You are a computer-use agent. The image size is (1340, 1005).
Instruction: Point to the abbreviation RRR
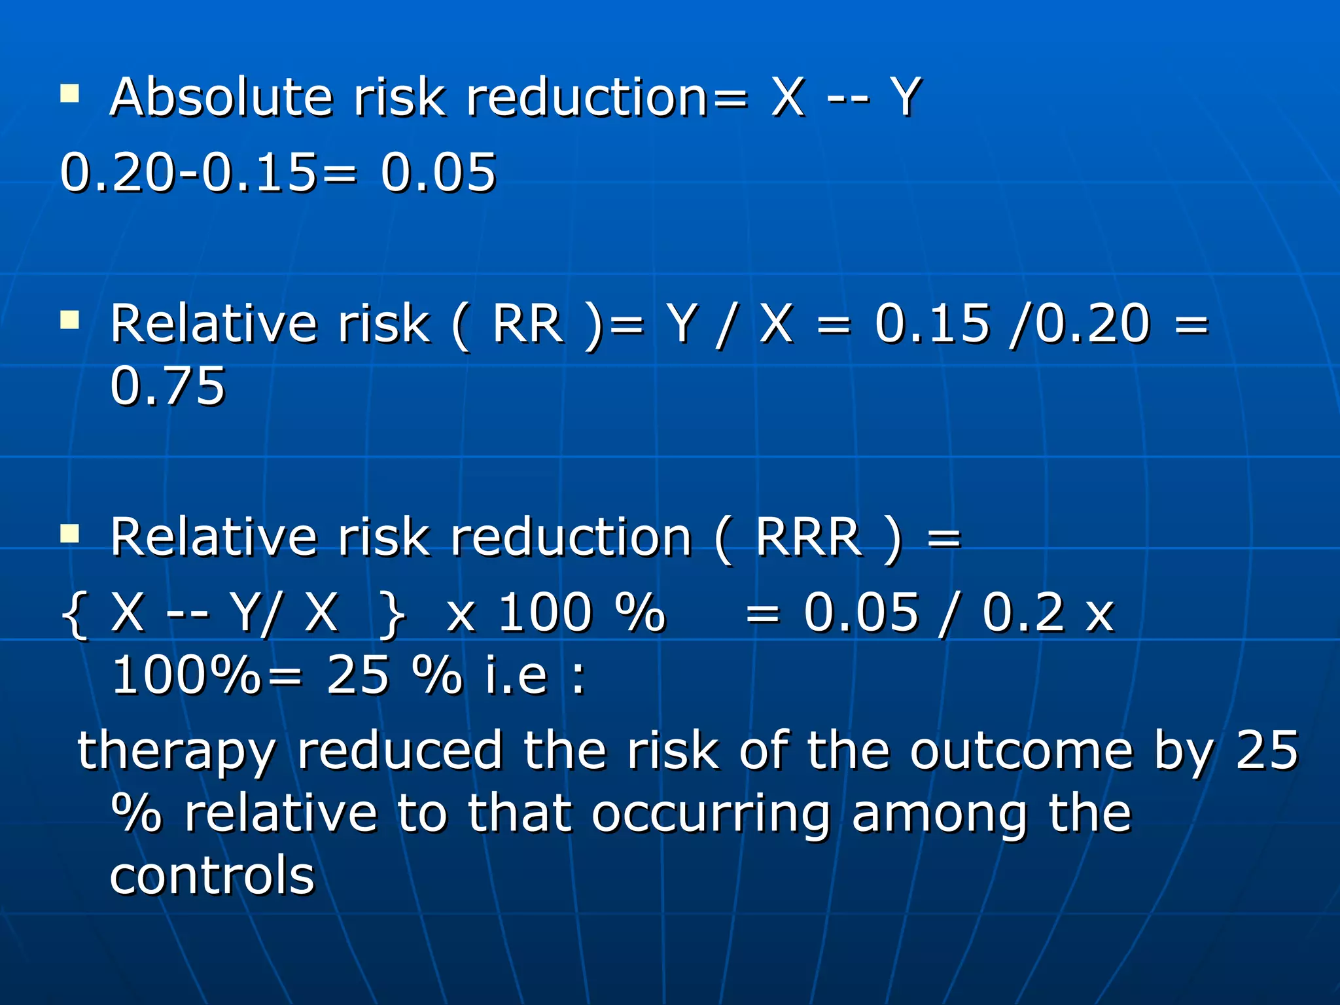tap(809, 537)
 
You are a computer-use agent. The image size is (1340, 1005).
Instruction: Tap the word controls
tap(212, 875)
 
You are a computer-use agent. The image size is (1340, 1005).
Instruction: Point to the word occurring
tap(711, 815)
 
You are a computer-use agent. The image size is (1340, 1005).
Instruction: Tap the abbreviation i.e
tap(516, 675)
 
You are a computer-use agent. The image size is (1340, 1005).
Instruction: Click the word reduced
tap(399, 751)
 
